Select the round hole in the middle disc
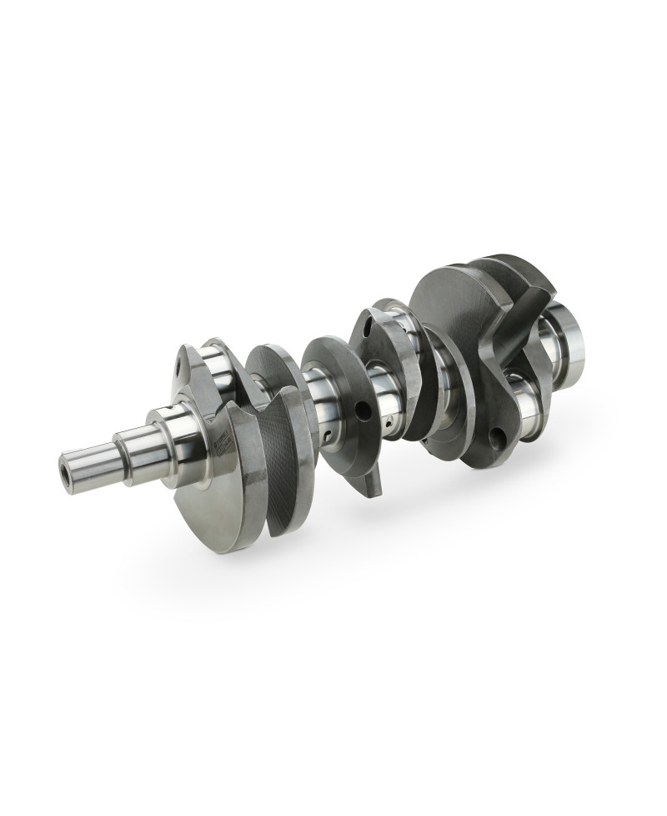click(360, 410)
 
